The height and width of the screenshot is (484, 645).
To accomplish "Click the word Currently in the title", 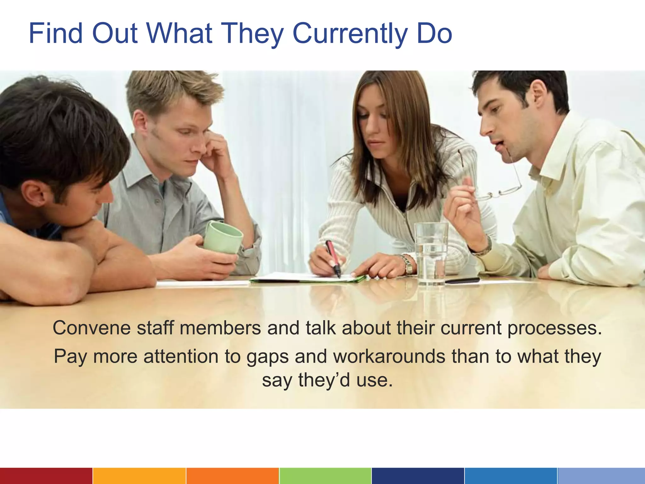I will click(x=350, y=34).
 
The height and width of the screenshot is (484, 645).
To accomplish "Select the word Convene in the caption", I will click(x=92, y=328).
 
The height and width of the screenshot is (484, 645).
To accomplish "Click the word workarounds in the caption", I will click(x=389, y=356).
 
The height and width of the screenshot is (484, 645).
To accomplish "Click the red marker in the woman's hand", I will click(x=333, y=258).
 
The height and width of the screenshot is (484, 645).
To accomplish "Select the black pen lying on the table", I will click(x=462, y=280).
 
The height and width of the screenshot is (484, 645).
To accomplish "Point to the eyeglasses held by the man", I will click(x=501, y=186).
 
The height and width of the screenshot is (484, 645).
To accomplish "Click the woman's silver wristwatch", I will click(x=408, y=264).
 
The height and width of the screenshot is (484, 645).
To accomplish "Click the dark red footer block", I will click(x=46, y=476).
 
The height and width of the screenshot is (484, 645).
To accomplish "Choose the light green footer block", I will click(x=325, y=476).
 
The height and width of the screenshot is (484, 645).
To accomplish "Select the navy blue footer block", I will click(x=418, y=476).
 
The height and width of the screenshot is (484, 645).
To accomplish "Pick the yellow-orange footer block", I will click(x=139, y=476).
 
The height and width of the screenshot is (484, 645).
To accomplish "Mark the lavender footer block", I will click(x=601, y=476).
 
